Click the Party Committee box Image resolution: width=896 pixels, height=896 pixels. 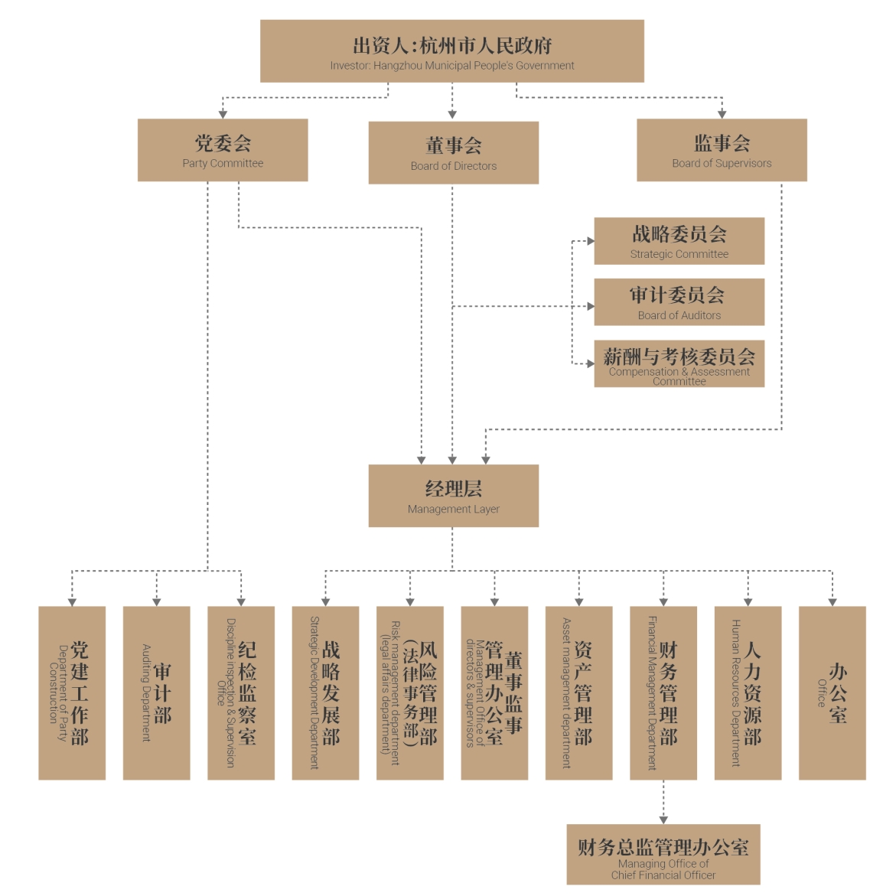click(x=223, y=150)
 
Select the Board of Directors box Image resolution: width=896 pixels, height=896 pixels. click(x=453, y=153)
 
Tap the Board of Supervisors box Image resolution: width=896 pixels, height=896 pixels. click(x=722, y=150)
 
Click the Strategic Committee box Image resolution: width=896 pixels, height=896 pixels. click(x=679, y=241)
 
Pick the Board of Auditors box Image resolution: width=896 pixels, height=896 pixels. click(x=679, y=302)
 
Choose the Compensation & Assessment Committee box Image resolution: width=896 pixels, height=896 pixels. click(x=679, y=363)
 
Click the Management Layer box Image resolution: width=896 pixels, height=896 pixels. click(x=453, y=496)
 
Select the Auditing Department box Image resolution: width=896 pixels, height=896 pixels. click(x=156, y=693)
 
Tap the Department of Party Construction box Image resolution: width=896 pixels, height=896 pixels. click(x=72, y=693)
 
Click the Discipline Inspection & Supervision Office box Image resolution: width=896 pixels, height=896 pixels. click(x=241, y=693)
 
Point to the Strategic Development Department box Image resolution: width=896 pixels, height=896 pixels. click(x=325, y=693)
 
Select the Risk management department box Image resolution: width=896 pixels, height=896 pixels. click(x=410, y=693)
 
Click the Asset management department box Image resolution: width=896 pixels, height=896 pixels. click(x=578, y=693)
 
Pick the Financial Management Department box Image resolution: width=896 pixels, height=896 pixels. click(x=663, y=693)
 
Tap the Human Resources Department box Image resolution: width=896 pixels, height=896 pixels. click(x=748, y=693)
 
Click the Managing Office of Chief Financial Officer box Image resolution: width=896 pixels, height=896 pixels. click(x=663, y=855)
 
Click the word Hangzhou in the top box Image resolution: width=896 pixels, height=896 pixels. click(x=399, y=66)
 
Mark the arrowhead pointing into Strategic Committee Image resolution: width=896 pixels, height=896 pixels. click(x=590, y=241)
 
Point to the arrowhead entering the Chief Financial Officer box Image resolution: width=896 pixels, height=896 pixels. click(x=663, y=819)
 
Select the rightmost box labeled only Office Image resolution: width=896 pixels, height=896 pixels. click(x=832, y=693)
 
